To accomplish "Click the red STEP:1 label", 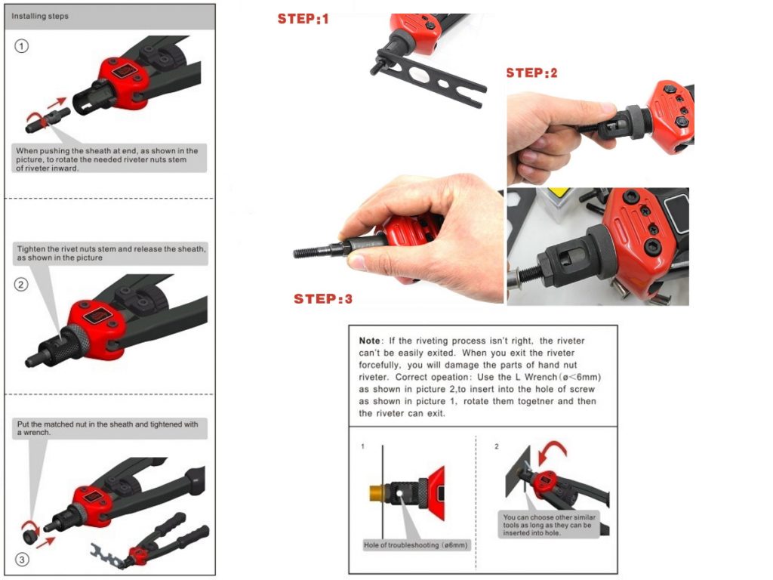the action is tap(303, 19).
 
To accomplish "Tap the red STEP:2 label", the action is tap(531, 73).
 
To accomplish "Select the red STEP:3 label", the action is tap(323, 299).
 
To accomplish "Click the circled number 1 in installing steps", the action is tap(21, 46).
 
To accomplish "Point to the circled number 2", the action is tap(20, 285).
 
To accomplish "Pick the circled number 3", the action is tap(22, 560).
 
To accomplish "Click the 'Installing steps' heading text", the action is tap(40, 17).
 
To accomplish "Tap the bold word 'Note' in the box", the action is tap(369, 341).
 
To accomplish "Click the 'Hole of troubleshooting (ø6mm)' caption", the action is tap(416, 545).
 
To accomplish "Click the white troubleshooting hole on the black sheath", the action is tap(399, 493).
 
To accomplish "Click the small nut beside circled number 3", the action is tap(30, 535).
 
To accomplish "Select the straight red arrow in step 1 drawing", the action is tap(57, 103).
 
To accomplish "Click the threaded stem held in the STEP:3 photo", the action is tap(316, 251).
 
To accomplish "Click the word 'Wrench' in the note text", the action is tap(540, 378).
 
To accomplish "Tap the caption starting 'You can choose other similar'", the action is tap(549, 525).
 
